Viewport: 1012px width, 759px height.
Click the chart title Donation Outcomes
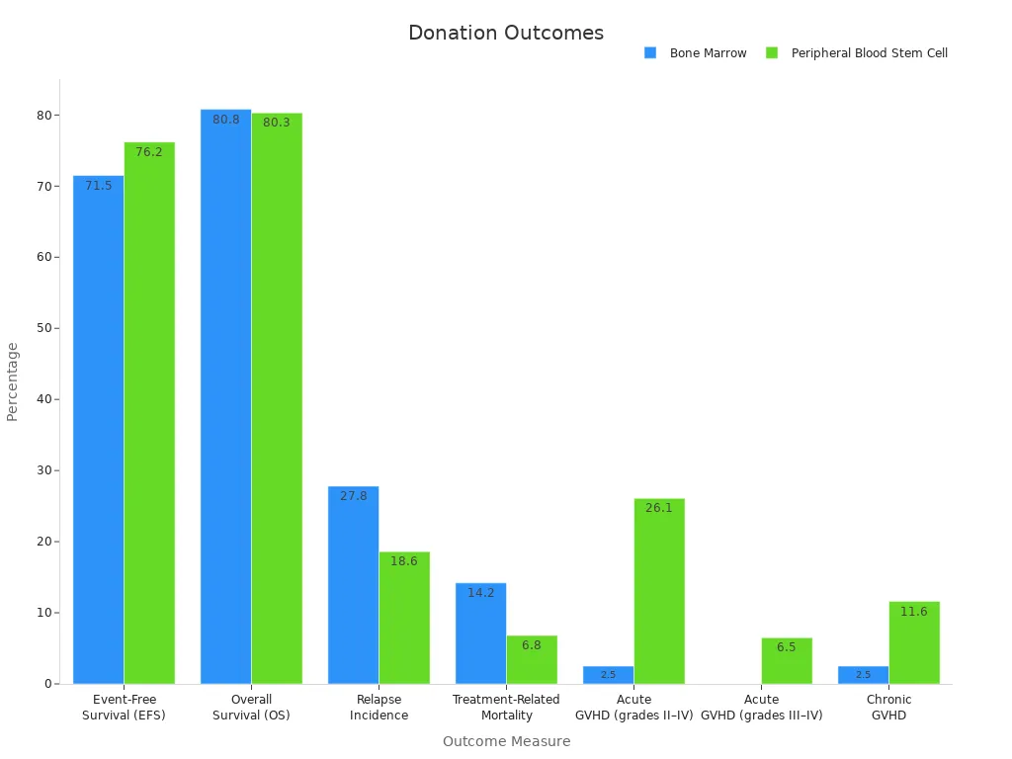point(505,33)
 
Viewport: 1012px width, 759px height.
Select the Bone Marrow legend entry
point(708,53)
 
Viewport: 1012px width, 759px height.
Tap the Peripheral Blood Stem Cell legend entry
point(869,53)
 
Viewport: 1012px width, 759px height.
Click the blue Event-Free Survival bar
point(99,429)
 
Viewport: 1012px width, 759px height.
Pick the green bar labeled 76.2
point(149,412)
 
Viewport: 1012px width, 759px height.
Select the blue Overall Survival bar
point(225,395)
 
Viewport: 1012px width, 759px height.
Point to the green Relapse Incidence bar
point(404,617)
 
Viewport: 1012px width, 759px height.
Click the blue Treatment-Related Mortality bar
point(480,632)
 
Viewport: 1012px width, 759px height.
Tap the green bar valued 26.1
point(659,590)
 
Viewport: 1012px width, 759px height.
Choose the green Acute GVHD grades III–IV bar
point(787,660)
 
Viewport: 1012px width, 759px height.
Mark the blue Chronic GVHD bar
point(863,674)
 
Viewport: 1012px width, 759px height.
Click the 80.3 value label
point(277,123)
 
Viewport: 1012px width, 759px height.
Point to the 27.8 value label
point(353,496)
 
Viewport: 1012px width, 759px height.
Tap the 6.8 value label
point(532,645)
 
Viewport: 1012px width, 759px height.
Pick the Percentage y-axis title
point(13,381)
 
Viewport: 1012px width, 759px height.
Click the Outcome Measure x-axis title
point(506,741)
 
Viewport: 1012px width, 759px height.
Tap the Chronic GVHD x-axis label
point(888,707)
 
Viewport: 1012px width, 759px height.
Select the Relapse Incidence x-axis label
point(379,707)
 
